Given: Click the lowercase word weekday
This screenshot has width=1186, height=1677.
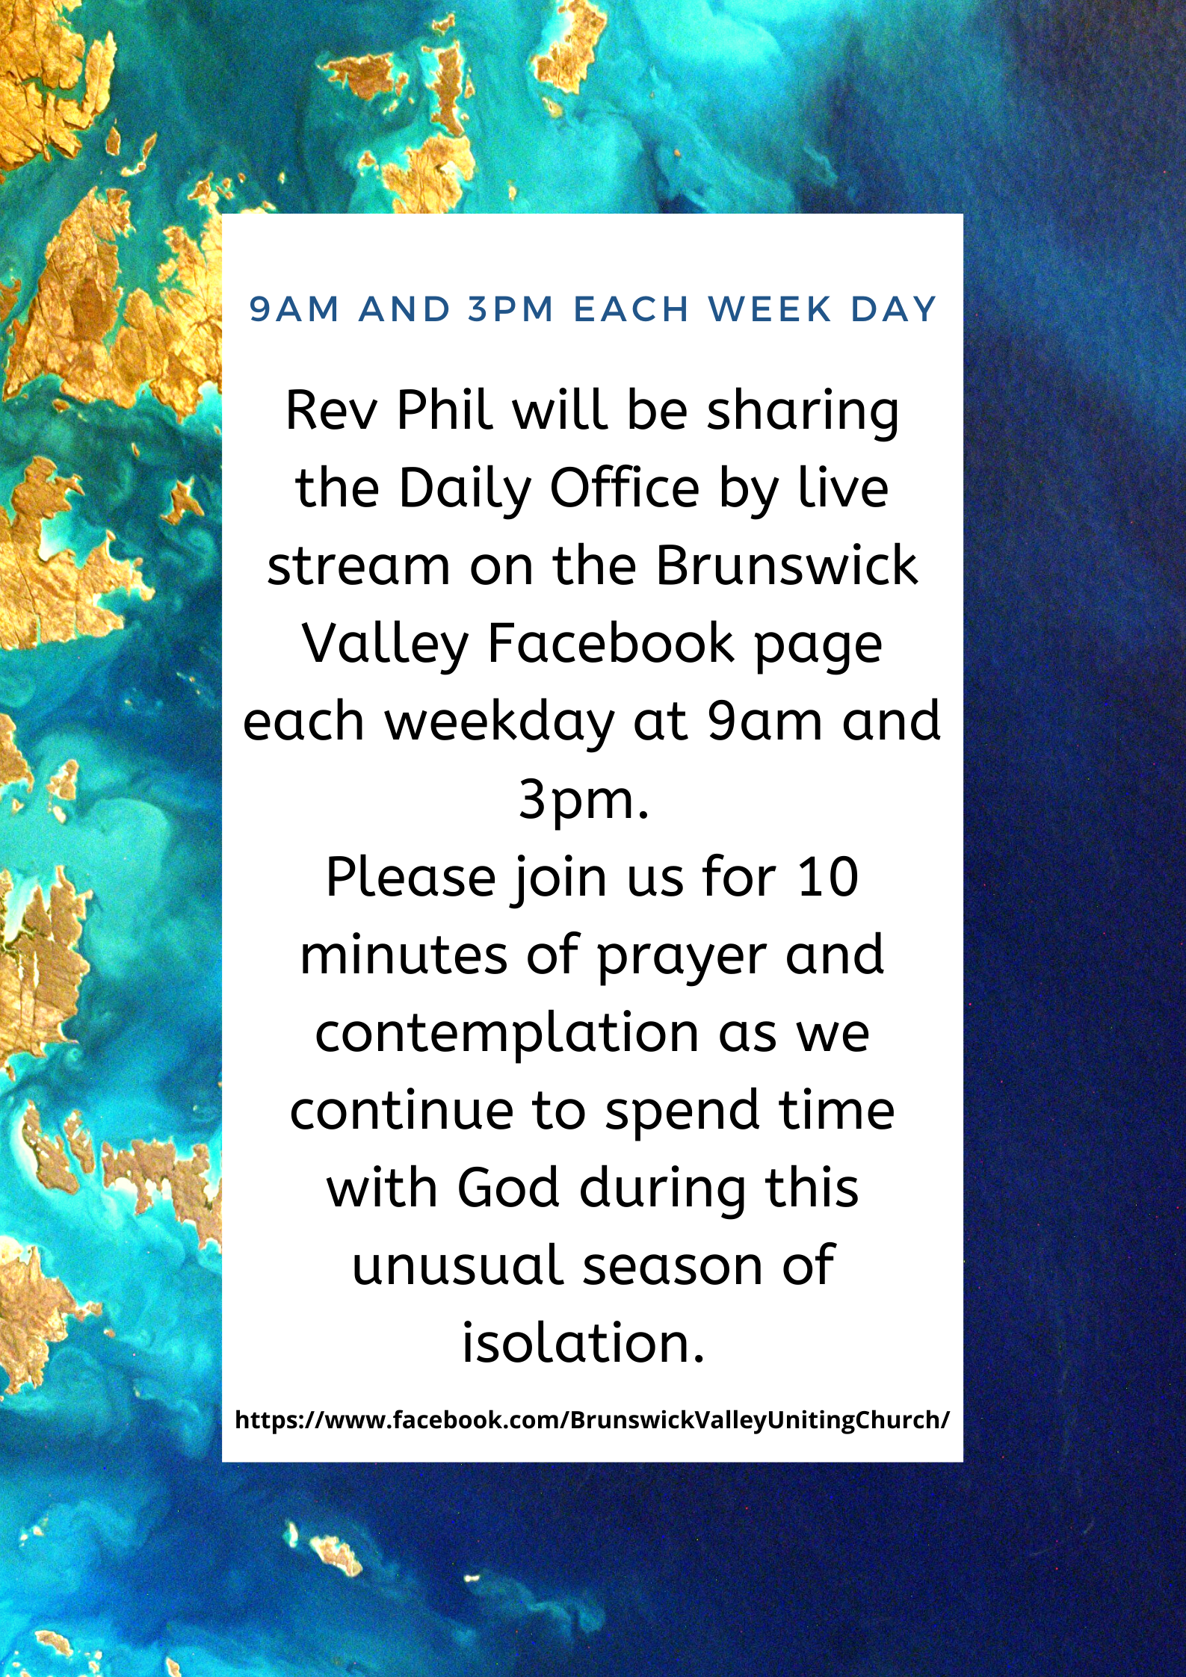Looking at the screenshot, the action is [x=499, y=723].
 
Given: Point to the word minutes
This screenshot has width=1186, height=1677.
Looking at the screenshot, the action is [x=404, y=955].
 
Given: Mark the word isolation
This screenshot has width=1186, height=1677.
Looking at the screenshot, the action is [x=583, y=1342].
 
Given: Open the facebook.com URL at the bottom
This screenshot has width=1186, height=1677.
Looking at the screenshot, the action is [x=592, y=1419].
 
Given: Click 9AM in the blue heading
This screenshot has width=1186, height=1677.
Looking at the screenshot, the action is [x=294, y=309].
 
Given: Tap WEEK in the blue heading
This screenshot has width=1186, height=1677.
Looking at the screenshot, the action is [x=770, y=309].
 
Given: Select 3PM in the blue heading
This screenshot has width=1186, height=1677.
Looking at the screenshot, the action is [x=511, y=309].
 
